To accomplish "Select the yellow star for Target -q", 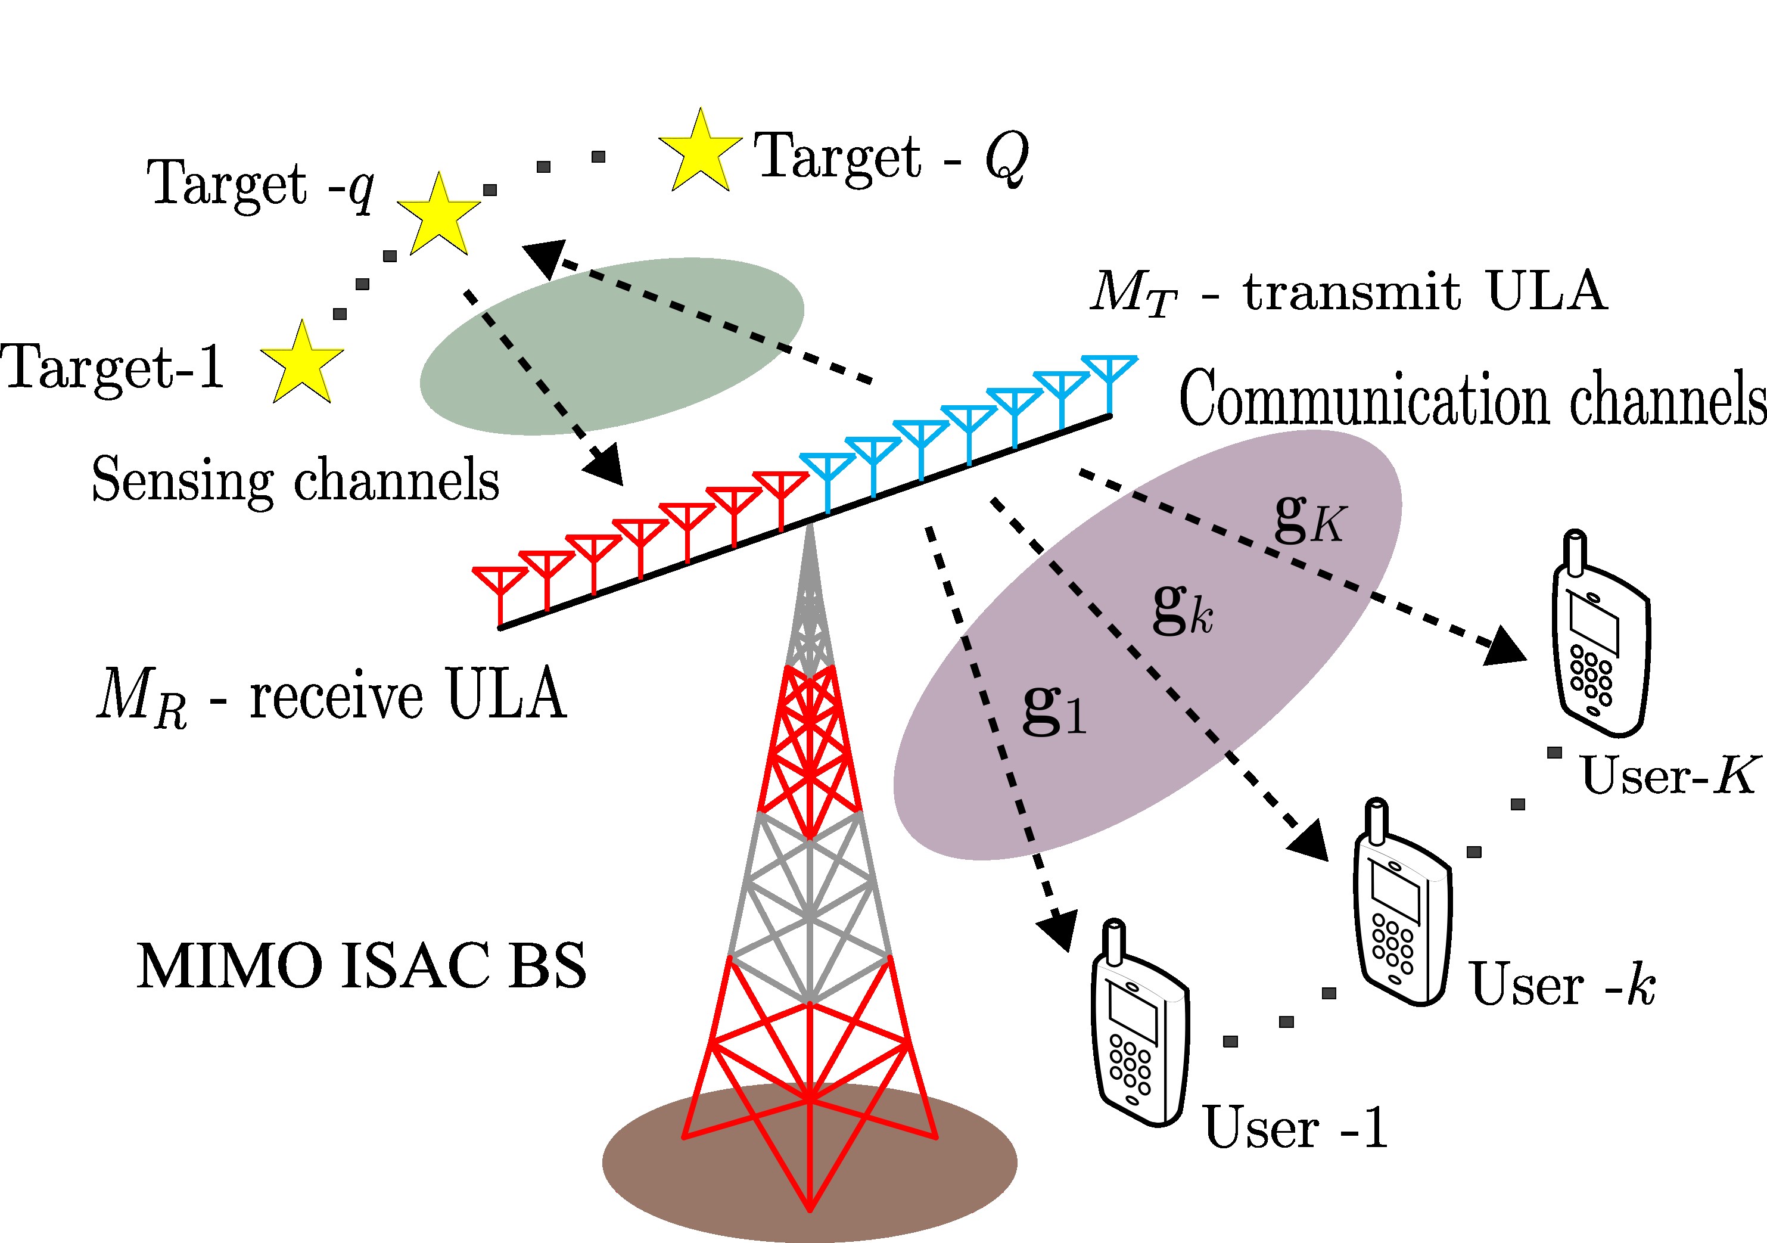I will pyautogui.click(x=438, y=216).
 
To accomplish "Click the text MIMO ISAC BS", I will pyautogui.click(x=362, y=966).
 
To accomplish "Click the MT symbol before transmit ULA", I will pyautogui.click(x=1134, y=293).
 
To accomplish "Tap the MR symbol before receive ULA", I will pyautogui.click(x=142, y=697).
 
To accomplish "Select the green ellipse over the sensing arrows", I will pyautogui.click(x=612, y=346).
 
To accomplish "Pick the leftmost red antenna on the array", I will pyautogui.click(x=500, y=593).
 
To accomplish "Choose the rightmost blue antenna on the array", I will pyautogui.click(x=1109, y=381).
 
